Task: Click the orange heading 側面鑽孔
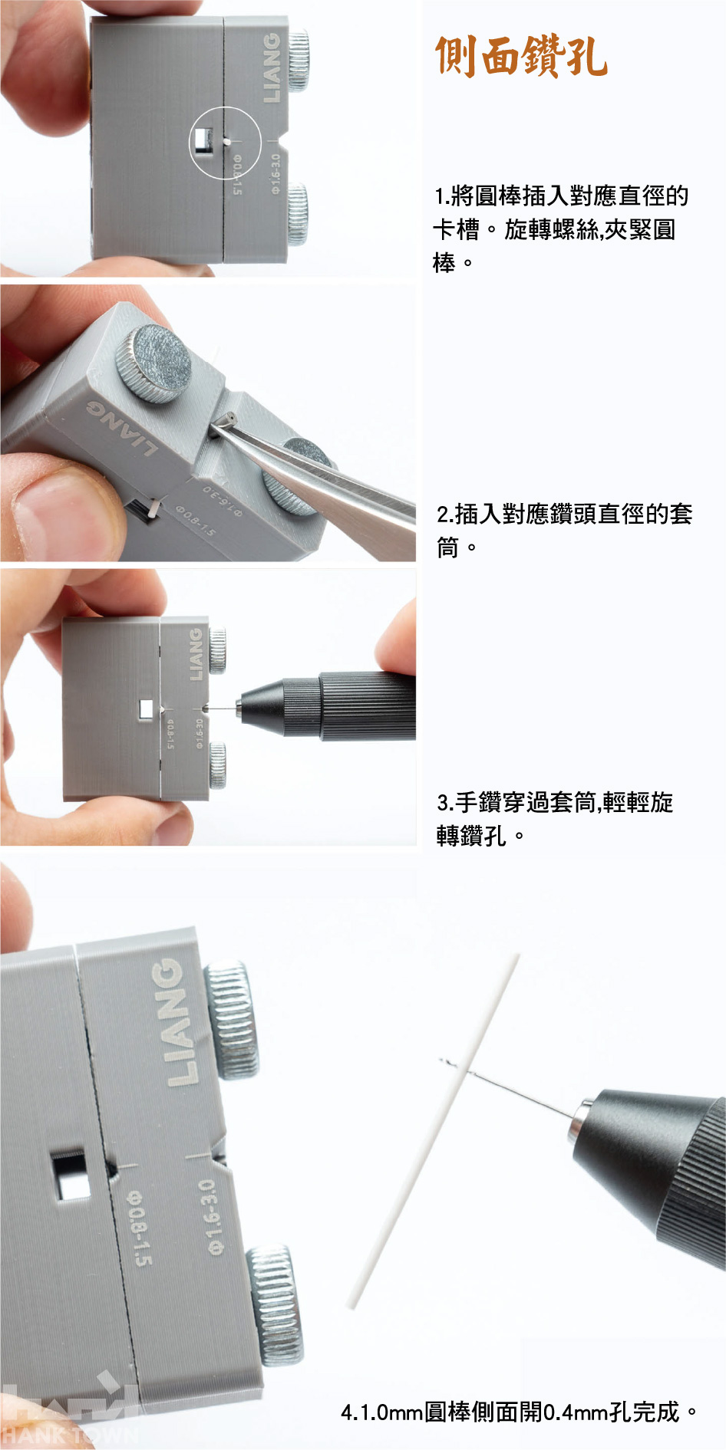[x=521, y=56]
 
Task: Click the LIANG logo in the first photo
[x=272, y=67]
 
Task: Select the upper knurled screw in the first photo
[x=298, y=61]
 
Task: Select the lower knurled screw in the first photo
[x=297, y=214]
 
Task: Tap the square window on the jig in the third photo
[x=145, y=709]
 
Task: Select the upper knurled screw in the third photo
[x=218, y=651]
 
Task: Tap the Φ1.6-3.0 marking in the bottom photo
[x=211, y=1217]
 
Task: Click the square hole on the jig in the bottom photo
[x=72, y=1173]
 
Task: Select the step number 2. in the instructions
[x=445, y=514]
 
